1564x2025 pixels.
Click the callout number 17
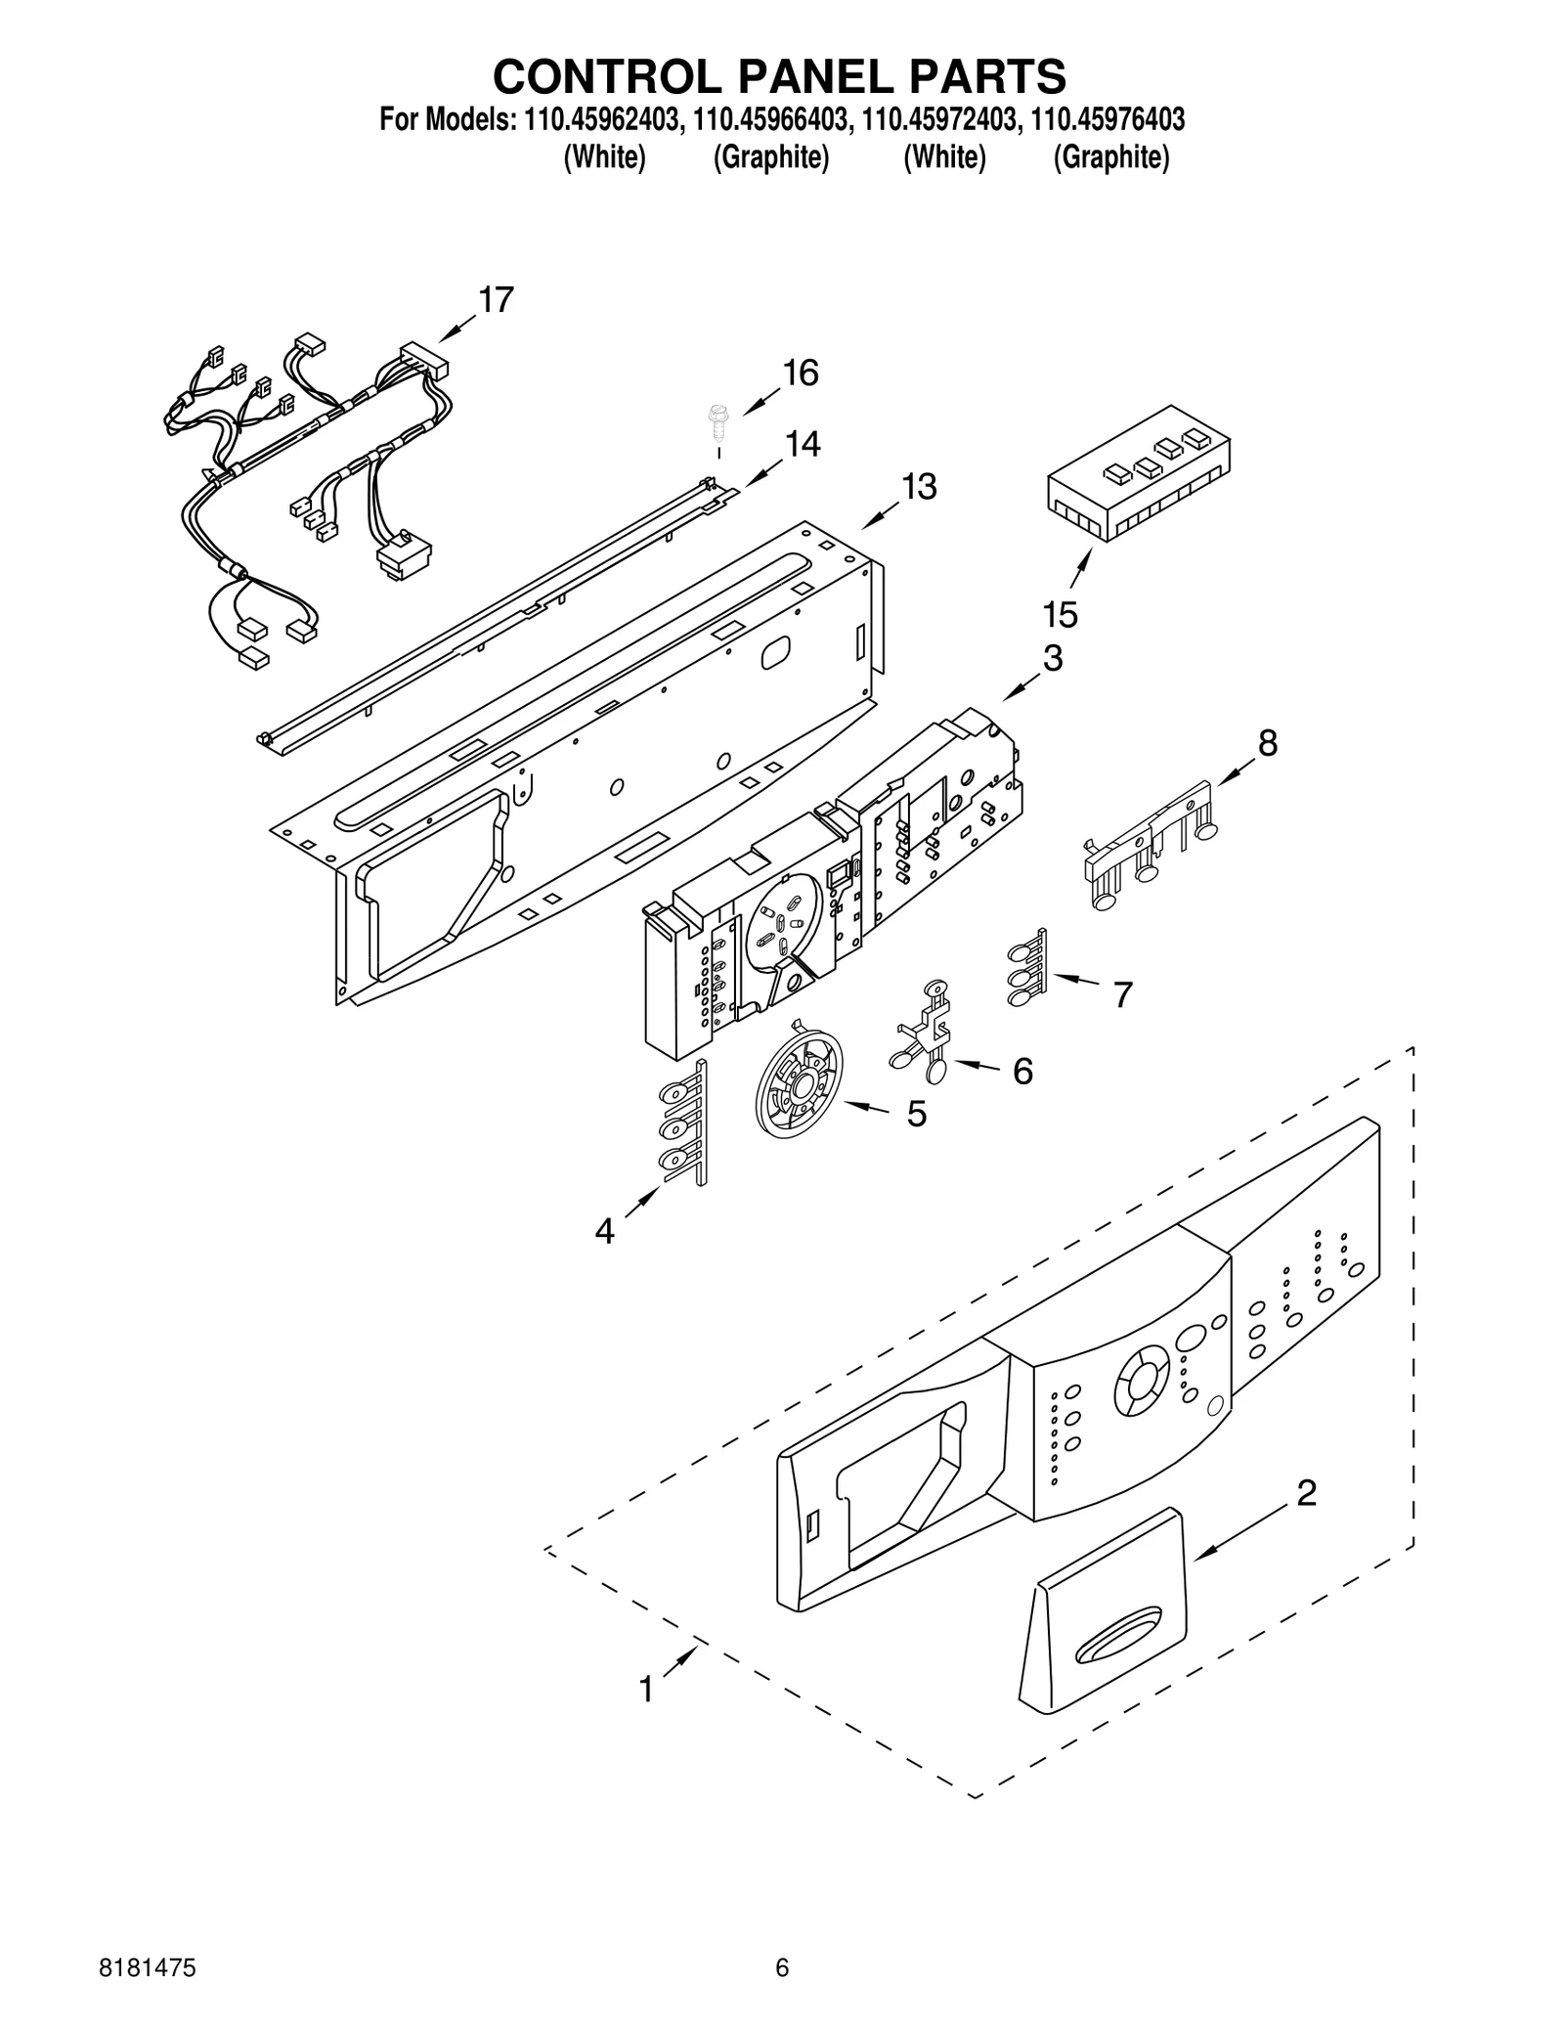[x=496, y=300]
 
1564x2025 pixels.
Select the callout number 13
[x=918, y=486]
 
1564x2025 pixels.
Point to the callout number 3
[x=1052, y=658]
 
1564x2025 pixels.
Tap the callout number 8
[x=1267, y=743]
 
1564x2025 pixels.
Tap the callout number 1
[x=645, y=1689]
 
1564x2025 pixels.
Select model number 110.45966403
[x=772, y=120]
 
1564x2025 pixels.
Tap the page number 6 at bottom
[x=781, y=1965]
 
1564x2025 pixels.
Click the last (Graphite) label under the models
[x=1110, y=157]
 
